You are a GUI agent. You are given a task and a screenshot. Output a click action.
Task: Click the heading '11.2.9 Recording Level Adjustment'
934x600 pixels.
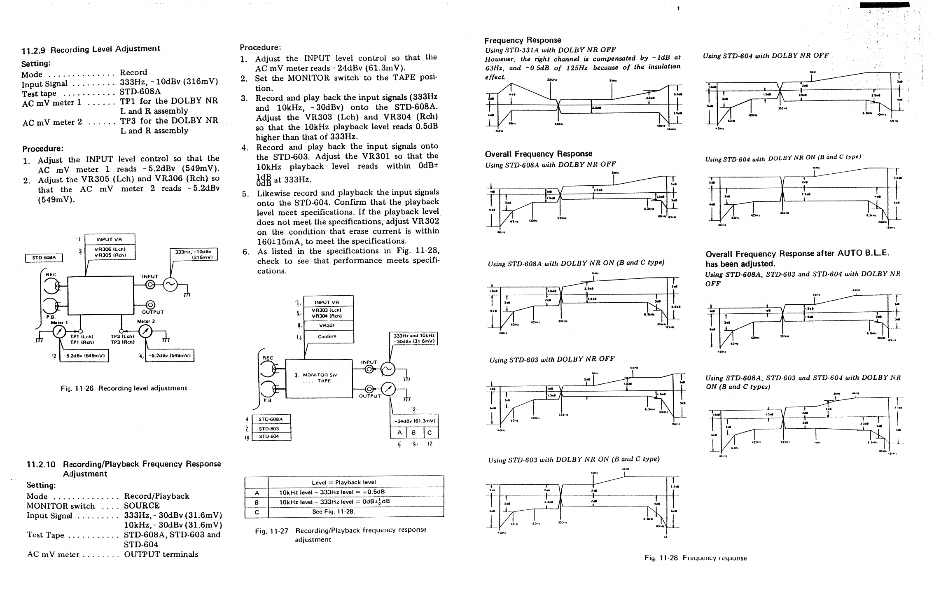pyautogui.click(x=91, y=49)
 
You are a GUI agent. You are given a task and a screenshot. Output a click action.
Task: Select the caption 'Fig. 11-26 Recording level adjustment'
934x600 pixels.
pyautogui.click(x=124, y=388)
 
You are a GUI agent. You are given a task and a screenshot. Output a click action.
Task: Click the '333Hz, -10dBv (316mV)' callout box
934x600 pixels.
pyautogui.click(x=194, y=254)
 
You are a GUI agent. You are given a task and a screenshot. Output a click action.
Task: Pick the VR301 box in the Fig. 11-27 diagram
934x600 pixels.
pyautogui.click(x=328, y=325)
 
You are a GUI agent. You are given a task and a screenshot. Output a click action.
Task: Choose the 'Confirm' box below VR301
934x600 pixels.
pyautogui.click(x=328, y=336)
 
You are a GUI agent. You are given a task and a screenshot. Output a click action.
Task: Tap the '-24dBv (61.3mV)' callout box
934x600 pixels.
pyautogui.click(x=413, y=421)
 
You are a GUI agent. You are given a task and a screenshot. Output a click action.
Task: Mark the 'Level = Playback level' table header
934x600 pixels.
pyautogui.click(x=355, y=482)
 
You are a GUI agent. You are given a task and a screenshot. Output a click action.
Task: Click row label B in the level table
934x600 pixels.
pyautogui.click(x=256, y=502)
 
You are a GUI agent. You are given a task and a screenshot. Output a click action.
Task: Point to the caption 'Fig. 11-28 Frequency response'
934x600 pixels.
pyautogui.click(x=695, y=558)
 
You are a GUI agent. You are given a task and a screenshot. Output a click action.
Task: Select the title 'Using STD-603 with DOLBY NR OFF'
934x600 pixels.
pyautogui.click(x=552, y=359)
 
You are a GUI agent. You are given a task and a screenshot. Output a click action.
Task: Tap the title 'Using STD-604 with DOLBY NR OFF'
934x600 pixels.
pyautogui.click(x=766, y=56)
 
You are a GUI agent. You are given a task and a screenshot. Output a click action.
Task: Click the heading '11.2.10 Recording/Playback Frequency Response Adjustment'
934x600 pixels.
pyautogui.click(x=124, y=469)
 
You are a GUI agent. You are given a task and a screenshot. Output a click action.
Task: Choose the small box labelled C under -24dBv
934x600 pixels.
pyautogui.click(x=430, y=433)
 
